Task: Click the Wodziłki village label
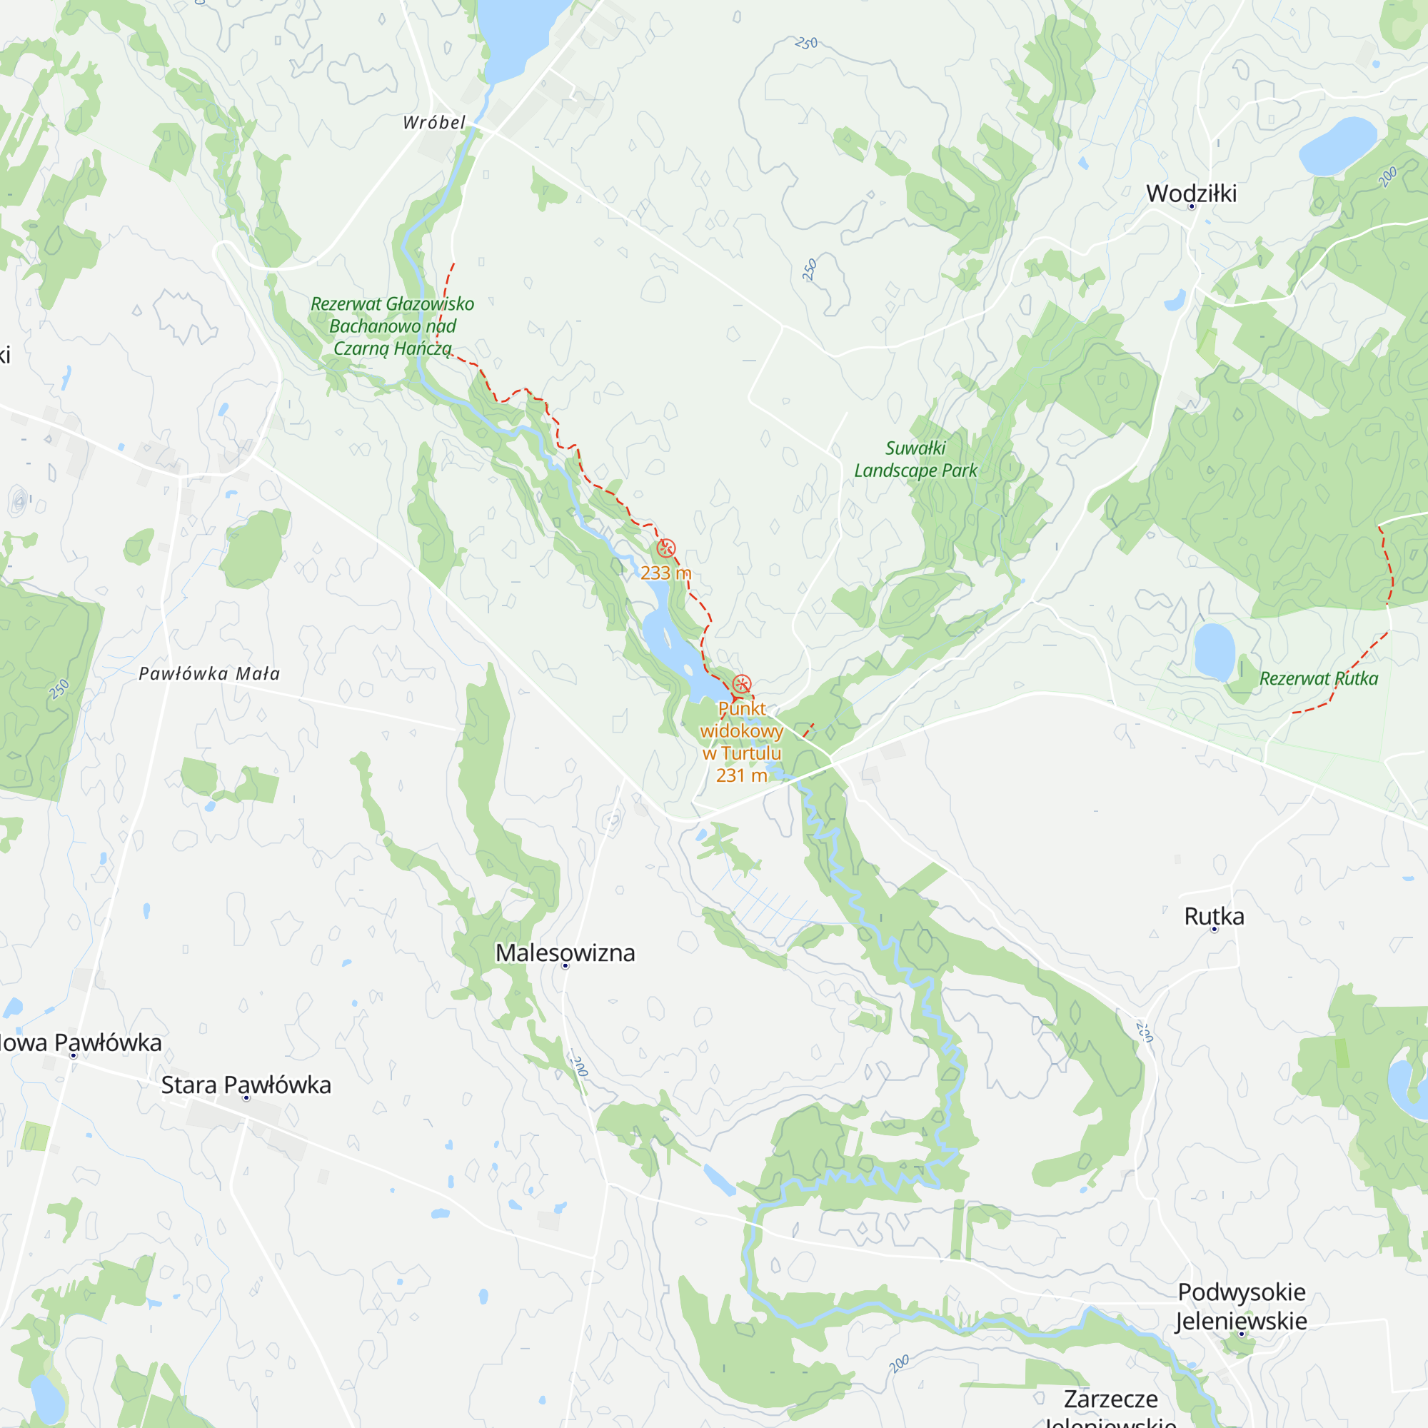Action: tap(1191, 193)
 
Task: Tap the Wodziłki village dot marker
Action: tap(1192, 207)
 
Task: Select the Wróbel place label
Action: tap(434, 123)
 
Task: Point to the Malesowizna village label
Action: tap(565, 952)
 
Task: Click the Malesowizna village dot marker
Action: tap(565, 966)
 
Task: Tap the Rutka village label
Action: tap(1214, 917)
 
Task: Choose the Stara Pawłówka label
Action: tap(246, 1085)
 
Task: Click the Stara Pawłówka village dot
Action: tap(247, 1098)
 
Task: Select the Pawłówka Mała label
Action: tap(210, 673)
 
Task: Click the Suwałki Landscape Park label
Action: tap(915, 459)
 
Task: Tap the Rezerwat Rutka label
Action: tap(1319, 678)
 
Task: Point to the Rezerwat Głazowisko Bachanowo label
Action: tap(392, 326)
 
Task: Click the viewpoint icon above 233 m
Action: tap(666, 548)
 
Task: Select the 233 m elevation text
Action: tap(665, 573)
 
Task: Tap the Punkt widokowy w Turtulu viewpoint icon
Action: tap(741, 684)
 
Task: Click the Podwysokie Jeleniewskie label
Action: tap(1242, 1307)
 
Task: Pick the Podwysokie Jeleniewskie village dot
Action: tap(1242, 1334)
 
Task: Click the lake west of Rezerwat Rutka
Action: tap(1215, 650)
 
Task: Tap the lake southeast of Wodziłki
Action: tap(1337, 146)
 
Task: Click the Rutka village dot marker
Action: tap(1214, 930)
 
